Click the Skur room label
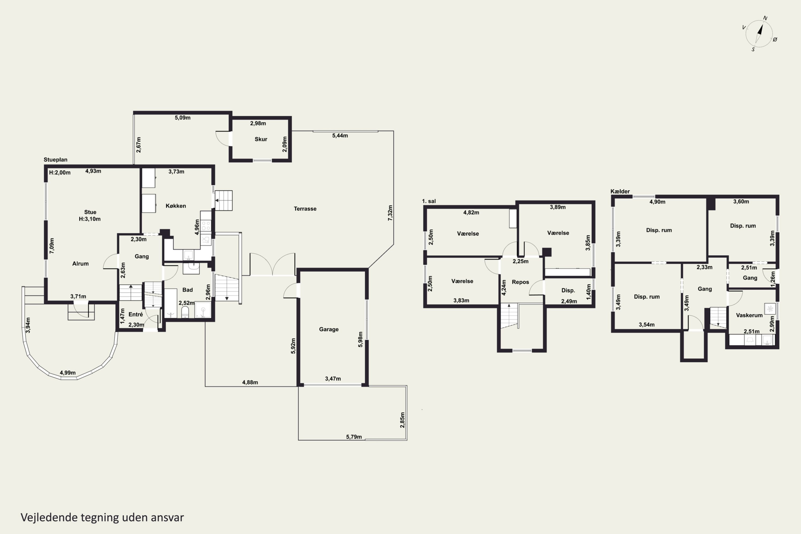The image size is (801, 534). point(261,139)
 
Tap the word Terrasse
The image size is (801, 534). point(305,209)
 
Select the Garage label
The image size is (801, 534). point(329,329)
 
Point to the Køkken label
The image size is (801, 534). point(176,206)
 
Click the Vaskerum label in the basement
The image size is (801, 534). point(749,315)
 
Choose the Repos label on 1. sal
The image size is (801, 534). point(520,282)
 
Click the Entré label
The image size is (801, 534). point(136,314)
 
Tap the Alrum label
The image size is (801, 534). point(80,264)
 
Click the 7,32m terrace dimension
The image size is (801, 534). point(390,213)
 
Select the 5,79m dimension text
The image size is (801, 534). point(354,437)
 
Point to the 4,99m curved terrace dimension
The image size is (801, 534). point(68,372)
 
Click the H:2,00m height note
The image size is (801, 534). point(60,173)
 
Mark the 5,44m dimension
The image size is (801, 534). point(340,136)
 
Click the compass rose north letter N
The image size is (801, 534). point(765,18)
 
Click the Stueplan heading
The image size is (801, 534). point(56,160)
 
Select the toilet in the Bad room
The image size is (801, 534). point(185,312)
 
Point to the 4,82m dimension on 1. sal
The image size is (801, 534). point(471,213)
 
